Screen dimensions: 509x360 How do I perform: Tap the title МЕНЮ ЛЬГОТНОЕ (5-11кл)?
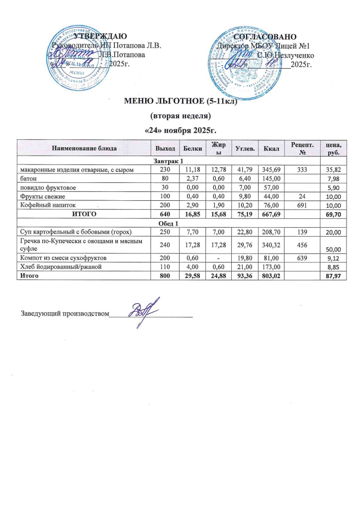180,103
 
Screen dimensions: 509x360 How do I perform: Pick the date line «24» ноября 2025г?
180,130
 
